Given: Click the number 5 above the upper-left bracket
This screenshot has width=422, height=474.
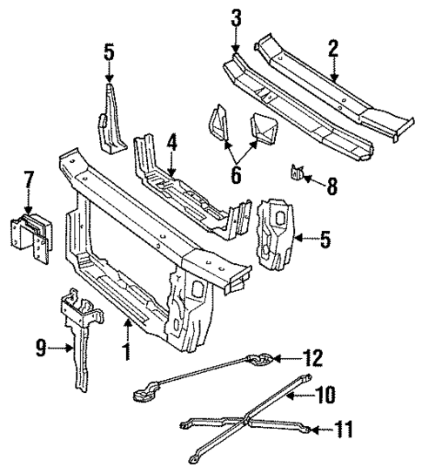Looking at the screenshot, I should pyautogui.click(x=108, y=52).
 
